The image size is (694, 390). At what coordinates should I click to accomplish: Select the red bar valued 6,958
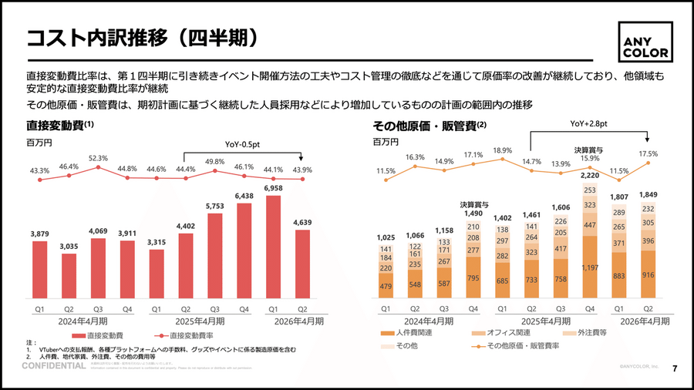[274, 247]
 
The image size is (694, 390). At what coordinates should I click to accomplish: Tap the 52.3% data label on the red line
[99, 158]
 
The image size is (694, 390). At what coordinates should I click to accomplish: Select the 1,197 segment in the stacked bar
[589, 267]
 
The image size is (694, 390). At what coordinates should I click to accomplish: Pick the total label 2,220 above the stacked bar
[589, 176]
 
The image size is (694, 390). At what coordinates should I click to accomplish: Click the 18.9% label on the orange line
[502, 150]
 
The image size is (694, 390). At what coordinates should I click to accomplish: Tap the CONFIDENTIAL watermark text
[53, 366]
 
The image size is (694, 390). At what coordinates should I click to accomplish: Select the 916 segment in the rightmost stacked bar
[648, 275]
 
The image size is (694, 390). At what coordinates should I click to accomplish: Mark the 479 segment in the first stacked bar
[386, 285]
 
